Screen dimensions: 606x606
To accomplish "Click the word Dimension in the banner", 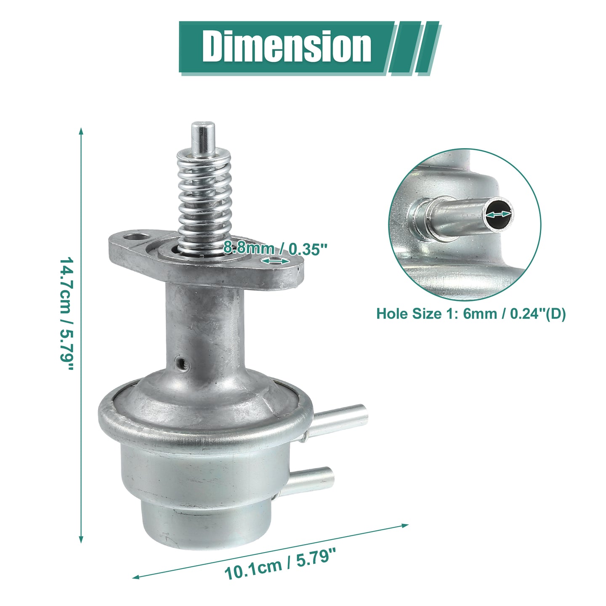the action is [x=287, y=47].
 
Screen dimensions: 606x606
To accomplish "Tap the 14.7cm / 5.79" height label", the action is [x=66, y=314].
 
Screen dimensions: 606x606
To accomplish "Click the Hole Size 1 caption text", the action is [x=471, y=314].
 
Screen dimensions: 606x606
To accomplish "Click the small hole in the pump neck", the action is [x=182, y=364].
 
